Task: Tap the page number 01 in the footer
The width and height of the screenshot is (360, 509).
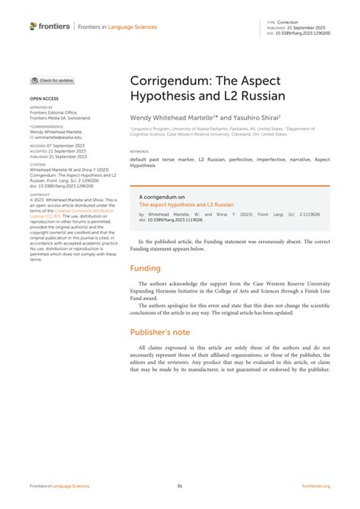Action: point(180,485)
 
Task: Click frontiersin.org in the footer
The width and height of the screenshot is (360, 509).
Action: point(316,485)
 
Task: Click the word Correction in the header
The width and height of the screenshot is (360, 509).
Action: point(288,22)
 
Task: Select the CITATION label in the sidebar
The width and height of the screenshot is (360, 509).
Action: point(38,164)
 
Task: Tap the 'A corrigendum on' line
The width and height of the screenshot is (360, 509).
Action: point(162,196)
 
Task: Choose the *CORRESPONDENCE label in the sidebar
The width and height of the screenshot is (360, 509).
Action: point(46,126)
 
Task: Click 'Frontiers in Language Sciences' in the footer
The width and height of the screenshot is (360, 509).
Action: point(59,485)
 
